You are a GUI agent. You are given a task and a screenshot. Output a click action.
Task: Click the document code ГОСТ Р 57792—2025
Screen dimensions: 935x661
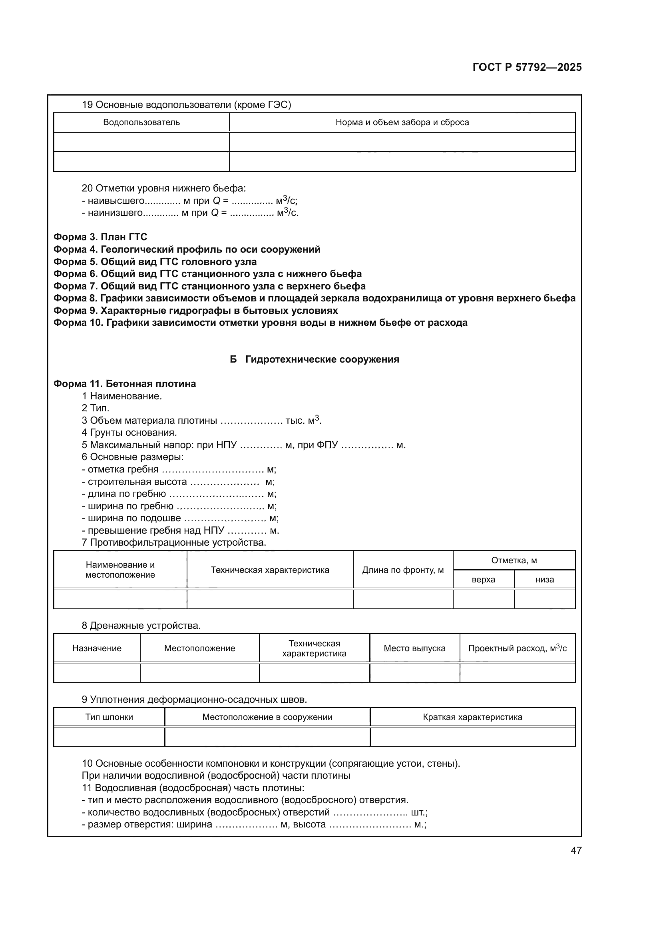tap(527, 68)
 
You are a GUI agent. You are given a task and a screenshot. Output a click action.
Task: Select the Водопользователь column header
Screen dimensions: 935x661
tap(141, 122)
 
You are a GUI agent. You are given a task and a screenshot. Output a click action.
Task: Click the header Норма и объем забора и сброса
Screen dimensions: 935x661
tap(402, 122)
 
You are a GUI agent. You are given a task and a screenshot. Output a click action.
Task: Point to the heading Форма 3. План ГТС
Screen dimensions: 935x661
tap(100, 237)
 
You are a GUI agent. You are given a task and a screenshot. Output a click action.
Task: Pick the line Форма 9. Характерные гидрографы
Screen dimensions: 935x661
tap(195, 310)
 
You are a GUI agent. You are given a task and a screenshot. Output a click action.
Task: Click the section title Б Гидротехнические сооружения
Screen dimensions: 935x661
tap(314, 359)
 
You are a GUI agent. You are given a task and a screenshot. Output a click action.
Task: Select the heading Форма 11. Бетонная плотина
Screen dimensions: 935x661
tap(125, 384)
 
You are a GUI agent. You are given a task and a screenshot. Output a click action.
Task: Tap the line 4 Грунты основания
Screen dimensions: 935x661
tap(129, 433)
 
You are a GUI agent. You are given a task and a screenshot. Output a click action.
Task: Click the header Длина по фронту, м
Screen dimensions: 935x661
tap(403, 570)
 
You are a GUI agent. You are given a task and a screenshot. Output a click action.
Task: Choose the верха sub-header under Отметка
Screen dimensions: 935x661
tap(484, 580)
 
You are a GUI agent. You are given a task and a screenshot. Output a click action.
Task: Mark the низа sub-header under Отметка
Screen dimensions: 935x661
tap(545, 580)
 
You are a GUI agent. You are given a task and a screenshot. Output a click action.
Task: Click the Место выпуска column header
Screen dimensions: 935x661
tap(414, 648)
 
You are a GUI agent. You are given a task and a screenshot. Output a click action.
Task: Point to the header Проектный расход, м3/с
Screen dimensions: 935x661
tap(517, 648)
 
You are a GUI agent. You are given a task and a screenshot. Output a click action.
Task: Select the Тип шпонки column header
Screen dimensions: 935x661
tap(109, 717)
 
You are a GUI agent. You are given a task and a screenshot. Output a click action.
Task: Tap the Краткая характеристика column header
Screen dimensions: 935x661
tap(472, 717)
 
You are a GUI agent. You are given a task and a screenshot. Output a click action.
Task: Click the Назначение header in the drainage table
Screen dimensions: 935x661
tap(97, 648)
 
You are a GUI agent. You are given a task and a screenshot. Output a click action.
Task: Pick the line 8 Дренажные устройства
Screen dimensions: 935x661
tap(141, 626)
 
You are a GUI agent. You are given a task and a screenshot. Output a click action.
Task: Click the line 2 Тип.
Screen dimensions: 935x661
tap(95, 408)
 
